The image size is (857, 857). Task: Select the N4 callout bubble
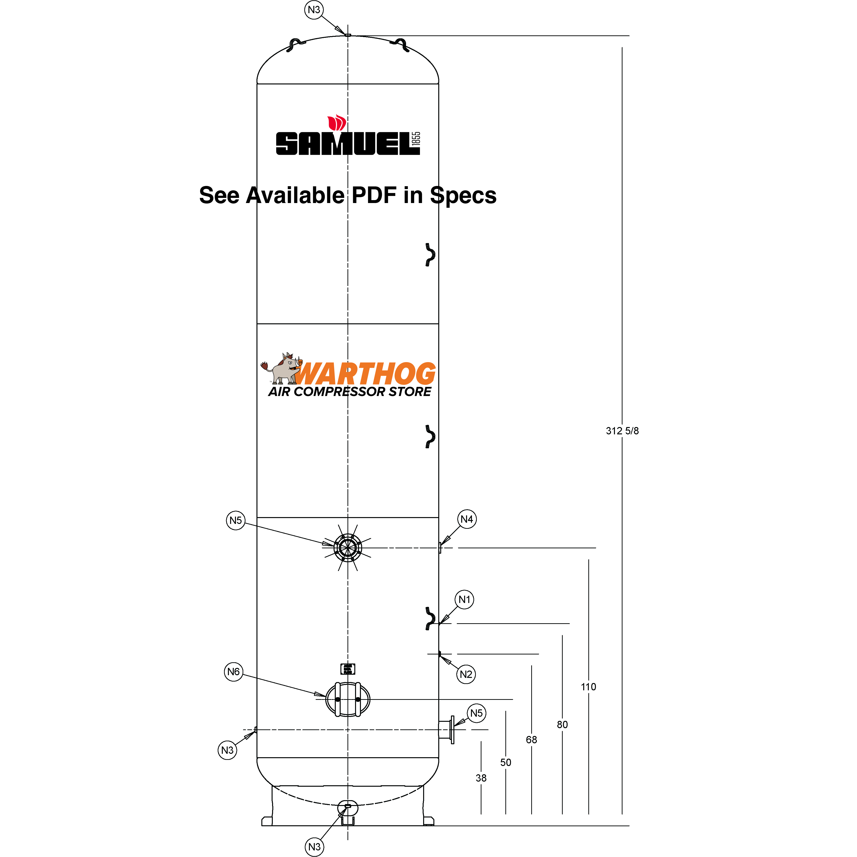(x=467, y=519)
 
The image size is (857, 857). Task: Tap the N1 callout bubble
(x=464, y=600)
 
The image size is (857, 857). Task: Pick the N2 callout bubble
(x=466, y=674)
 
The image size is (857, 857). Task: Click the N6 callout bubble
(x=233, y=672)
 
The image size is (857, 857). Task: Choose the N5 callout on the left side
(x=235, y=520)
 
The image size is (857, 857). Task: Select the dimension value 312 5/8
(x=622, y=431)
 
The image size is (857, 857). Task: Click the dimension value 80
(x=562, y=724)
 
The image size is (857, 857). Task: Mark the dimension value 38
(x=481, y=778)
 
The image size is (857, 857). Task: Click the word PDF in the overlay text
(x=374, y=196)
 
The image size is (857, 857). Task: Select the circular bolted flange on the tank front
(x=348, y=547)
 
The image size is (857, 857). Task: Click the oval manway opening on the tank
(x=348, y=700)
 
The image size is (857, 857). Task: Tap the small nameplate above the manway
(x=348, y=669)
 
